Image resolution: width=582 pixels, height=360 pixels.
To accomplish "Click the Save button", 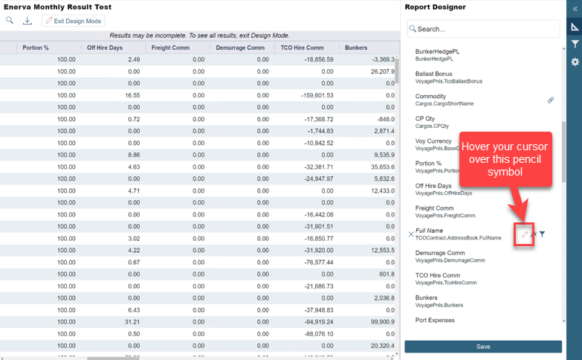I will (483, 347).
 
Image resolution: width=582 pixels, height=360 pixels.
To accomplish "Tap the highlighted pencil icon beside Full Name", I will (525, 234).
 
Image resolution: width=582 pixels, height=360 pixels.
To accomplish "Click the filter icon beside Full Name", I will (543, 234).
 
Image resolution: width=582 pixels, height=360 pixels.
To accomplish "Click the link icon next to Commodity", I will (551, 100).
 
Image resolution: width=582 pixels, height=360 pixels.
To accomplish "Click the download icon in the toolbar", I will (28, 21).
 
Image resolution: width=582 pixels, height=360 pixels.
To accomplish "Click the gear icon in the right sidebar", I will (575, 62).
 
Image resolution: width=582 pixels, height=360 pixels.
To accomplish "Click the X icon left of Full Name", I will (410, 234).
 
